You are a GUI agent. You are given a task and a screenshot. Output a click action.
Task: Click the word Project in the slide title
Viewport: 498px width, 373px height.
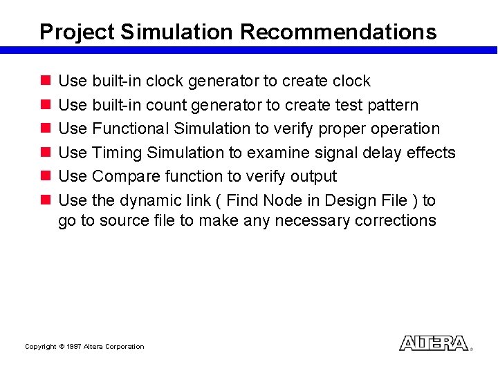tap(77, 32)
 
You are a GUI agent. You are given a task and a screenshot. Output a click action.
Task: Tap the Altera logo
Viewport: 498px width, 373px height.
tap(434, 343)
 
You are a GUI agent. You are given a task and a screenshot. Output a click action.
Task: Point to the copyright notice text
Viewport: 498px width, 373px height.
tap(84, 347)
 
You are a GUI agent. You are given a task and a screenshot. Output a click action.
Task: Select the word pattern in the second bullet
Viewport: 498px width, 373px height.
tap(393, 105)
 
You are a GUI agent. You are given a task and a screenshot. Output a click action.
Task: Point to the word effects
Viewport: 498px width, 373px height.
tap(430, 153)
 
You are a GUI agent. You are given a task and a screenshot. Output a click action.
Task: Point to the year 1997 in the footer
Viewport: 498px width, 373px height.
tap(74, 347)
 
